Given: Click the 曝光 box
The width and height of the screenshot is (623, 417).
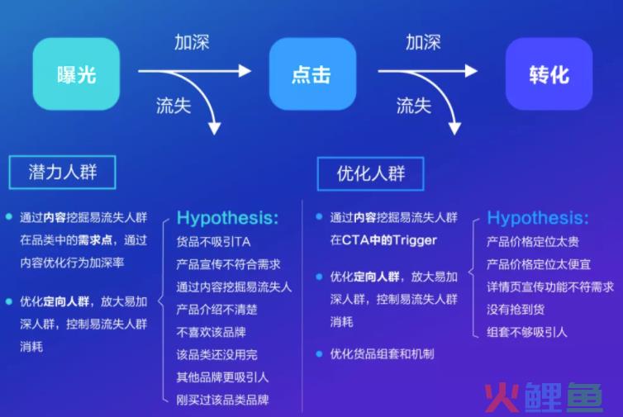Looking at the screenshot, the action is pos(76,73).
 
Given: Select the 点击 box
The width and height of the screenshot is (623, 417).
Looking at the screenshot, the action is pos(312,73).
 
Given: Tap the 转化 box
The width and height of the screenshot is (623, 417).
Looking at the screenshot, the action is pos(549,73).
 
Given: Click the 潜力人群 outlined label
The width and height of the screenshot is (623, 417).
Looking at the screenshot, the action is pos(62,173).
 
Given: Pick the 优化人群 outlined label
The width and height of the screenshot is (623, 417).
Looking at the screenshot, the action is pos(371,174).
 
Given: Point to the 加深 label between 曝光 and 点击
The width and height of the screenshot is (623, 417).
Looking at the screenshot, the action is pos(192,42).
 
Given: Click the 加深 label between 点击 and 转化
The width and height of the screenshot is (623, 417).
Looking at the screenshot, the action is pos(423,42).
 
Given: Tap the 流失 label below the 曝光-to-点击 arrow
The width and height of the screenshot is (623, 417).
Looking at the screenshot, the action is pos(174,106).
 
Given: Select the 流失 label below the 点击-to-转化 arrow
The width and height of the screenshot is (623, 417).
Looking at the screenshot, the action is pos(414,106).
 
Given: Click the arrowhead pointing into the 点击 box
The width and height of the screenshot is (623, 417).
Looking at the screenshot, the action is pos(245,71).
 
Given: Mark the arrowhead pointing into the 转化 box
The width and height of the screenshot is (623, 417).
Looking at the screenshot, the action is pos(471,71).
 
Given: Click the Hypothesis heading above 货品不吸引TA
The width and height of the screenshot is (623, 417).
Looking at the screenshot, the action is pos(228,218).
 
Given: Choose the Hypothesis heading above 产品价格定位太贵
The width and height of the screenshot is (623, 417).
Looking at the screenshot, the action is pos(538,218).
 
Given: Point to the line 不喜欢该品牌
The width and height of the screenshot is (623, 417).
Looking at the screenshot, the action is pos(212,332).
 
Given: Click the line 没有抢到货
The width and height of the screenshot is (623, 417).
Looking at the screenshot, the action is pos(516,310).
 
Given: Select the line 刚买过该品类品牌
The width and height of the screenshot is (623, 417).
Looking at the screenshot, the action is pos(223,400).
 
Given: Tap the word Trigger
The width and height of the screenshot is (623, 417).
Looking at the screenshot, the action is pos(415,240).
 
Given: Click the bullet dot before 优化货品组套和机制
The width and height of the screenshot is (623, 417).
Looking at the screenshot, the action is pos(319,353).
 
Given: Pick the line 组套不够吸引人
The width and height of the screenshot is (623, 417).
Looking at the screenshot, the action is pos(527,332).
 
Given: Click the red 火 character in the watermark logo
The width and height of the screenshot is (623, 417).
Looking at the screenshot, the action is pos(502,397).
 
